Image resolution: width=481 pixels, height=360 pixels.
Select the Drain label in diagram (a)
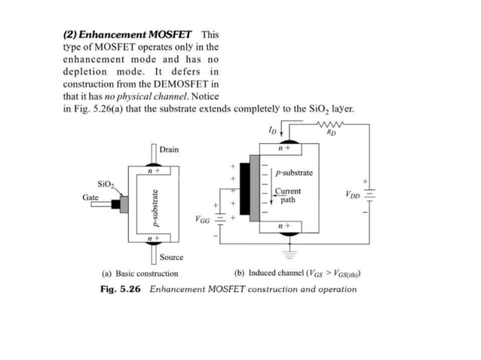point(169,150)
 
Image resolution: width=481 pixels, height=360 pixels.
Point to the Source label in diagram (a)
point(171,257)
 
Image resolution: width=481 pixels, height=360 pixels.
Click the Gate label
point(90,197)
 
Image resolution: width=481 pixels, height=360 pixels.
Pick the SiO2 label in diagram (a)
point(106,184)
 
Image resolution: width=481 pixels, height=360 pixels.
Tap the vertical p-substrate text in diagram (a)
point(155,207)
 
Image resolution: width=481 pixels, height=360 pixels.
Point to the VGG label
point(202,220)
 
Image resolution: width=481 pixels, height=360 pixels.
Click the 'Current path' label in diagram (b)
point(287,196)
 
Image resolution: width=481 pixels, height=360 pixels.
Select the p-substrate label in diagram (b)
point(294,173)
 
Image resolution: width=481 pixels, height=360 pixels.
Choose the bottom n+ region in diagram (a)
point(153,238)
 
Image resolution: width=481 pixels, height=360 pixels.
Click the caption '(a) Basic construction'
point(140,274)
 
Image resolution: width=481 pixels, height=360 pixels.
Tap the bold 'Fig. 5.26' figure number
point(121,289)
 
